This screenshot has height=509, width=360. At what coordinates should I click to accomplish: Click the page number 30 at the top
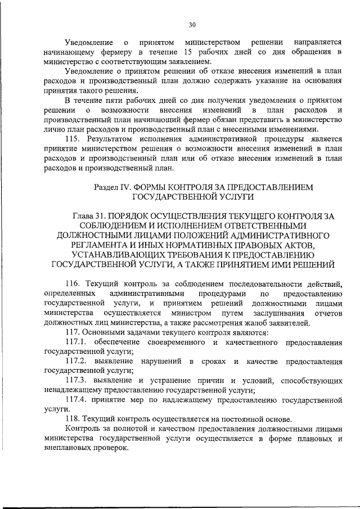(192, 25)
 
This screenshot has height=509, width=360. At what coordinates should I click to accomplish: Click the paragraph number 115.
(74, 138)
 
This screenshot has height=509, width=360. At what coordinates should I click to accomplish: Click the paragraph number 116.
(74, 283)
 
